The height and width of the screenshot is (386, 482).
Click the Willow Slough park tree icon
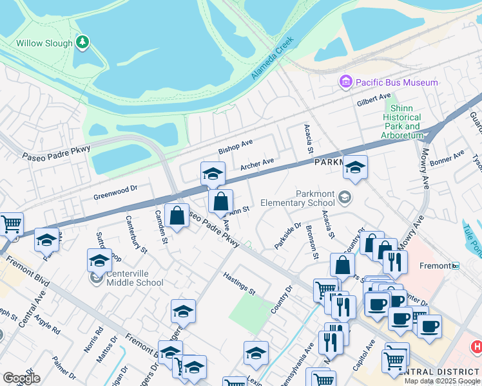82,42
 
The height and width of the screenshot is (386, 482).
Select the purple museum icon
346,82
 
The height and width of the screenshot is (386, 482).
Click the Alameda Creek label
272,58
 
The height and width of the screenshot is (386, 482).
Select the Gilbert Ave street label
374,100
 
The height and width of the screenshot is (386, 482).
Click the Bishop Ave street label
235,145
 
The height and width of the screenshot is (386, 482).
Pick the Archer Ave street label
257,165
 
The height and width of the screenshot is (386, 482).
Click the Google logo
21,378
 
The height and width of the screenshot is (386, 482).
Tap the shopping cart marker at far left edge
11,224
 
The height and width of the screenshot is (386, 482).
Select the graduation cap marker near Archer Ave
213,173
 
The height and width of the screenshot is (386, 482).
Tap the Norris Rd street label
99,338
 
